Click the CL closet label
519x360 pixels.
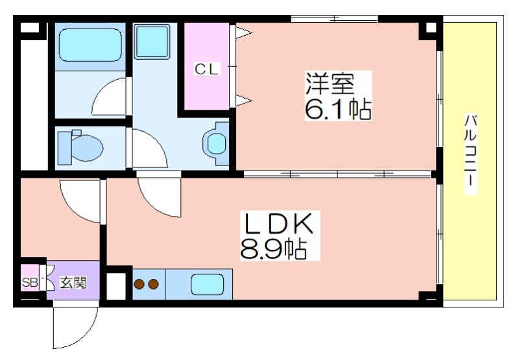tap(206, 69)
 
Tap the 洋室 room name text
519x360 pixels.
tap(330, 84)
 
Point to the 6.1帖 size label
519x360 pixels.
tap(337, 109)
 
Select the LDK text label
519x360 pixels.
tap(278, 224)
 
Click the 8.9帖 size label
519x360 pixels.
tap(273, 249)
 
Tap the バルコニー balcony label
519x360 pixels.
tap(471, 154)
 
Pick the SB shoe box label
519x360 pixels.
tap(30, 282)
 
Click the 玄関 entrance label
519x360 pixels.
tap(73, 283)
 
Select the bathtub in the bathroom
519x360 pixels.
tap(90, 45)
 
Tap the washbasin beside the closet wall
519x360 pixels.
tap(217, 144)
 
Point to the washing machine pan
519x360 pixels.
tap(152, 41)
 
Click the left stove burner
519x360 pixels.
tap(139, 284)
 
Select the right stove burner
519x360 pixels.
tap(154, 284)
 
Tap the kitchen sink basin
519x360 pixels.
tap(208, 285)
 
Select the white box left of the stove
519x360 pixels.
tap(116, 286)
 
